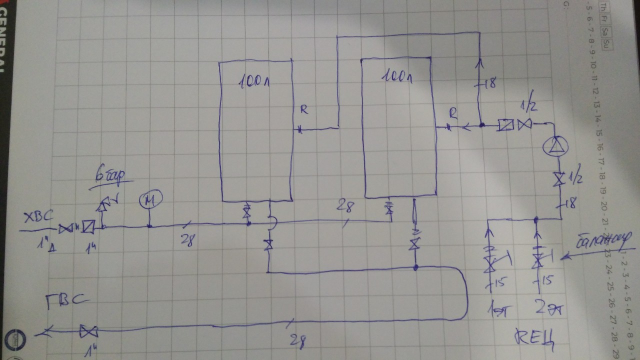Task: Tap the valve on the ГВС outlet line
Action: point(89,331)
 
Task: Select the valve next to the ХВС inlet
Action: point(65,229)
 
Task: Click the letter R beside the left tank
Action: point(304,110)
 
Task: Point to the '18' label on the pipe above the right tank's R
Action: point(489,83)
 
